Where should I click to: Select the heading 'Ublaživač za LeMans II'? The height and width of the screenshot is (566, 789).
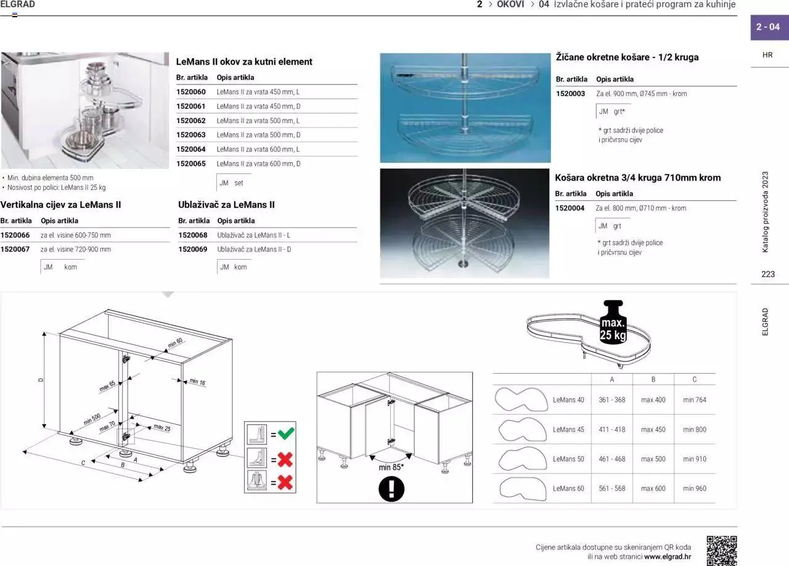point(226,205)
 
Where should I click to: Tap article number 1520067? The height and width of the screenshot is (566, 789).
point(15,250)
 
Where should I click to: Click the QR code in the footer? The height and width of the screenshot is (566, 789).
point(721,551)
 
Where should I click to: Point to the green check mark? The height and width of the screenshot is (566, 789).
point(285,434)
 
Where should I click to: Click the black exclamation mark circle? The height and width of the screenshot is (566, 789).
point(391,489)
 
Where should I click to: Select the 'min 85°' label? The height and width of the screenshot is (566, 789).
point(391,467)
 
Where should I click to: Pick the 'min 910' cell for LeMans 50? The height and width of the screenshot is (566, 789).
point(695,459)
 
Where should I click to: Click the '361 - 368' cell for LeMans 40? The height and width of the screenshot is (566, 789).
point(612,400)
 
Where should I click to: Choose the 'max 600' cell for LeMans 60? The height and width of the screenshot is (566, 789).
point(653,489)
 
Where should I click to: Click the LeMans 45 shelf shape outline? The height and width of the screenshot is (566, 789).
point(521,429)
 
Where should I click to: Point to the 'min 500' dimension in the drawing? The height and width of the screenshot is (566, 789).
point(92,420)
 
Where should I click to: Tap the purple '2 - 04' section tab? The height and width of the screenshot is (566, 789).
point(768,27)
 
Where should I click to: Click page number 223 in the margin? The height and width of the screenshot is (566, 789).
point(768,274)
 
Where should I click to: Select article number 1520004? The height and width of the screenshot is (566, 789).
point(570,208)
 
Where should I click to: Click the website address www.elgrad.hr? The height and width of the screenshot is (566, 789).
point(668,557)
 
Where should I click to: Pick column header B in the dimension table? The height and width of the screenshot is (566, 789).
point(653,379)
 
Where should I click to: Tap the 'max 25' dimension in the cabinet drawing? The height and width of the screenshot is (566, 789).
point(162,427)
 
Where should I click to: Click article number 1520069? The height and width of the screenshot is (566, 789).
point(193,250)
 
